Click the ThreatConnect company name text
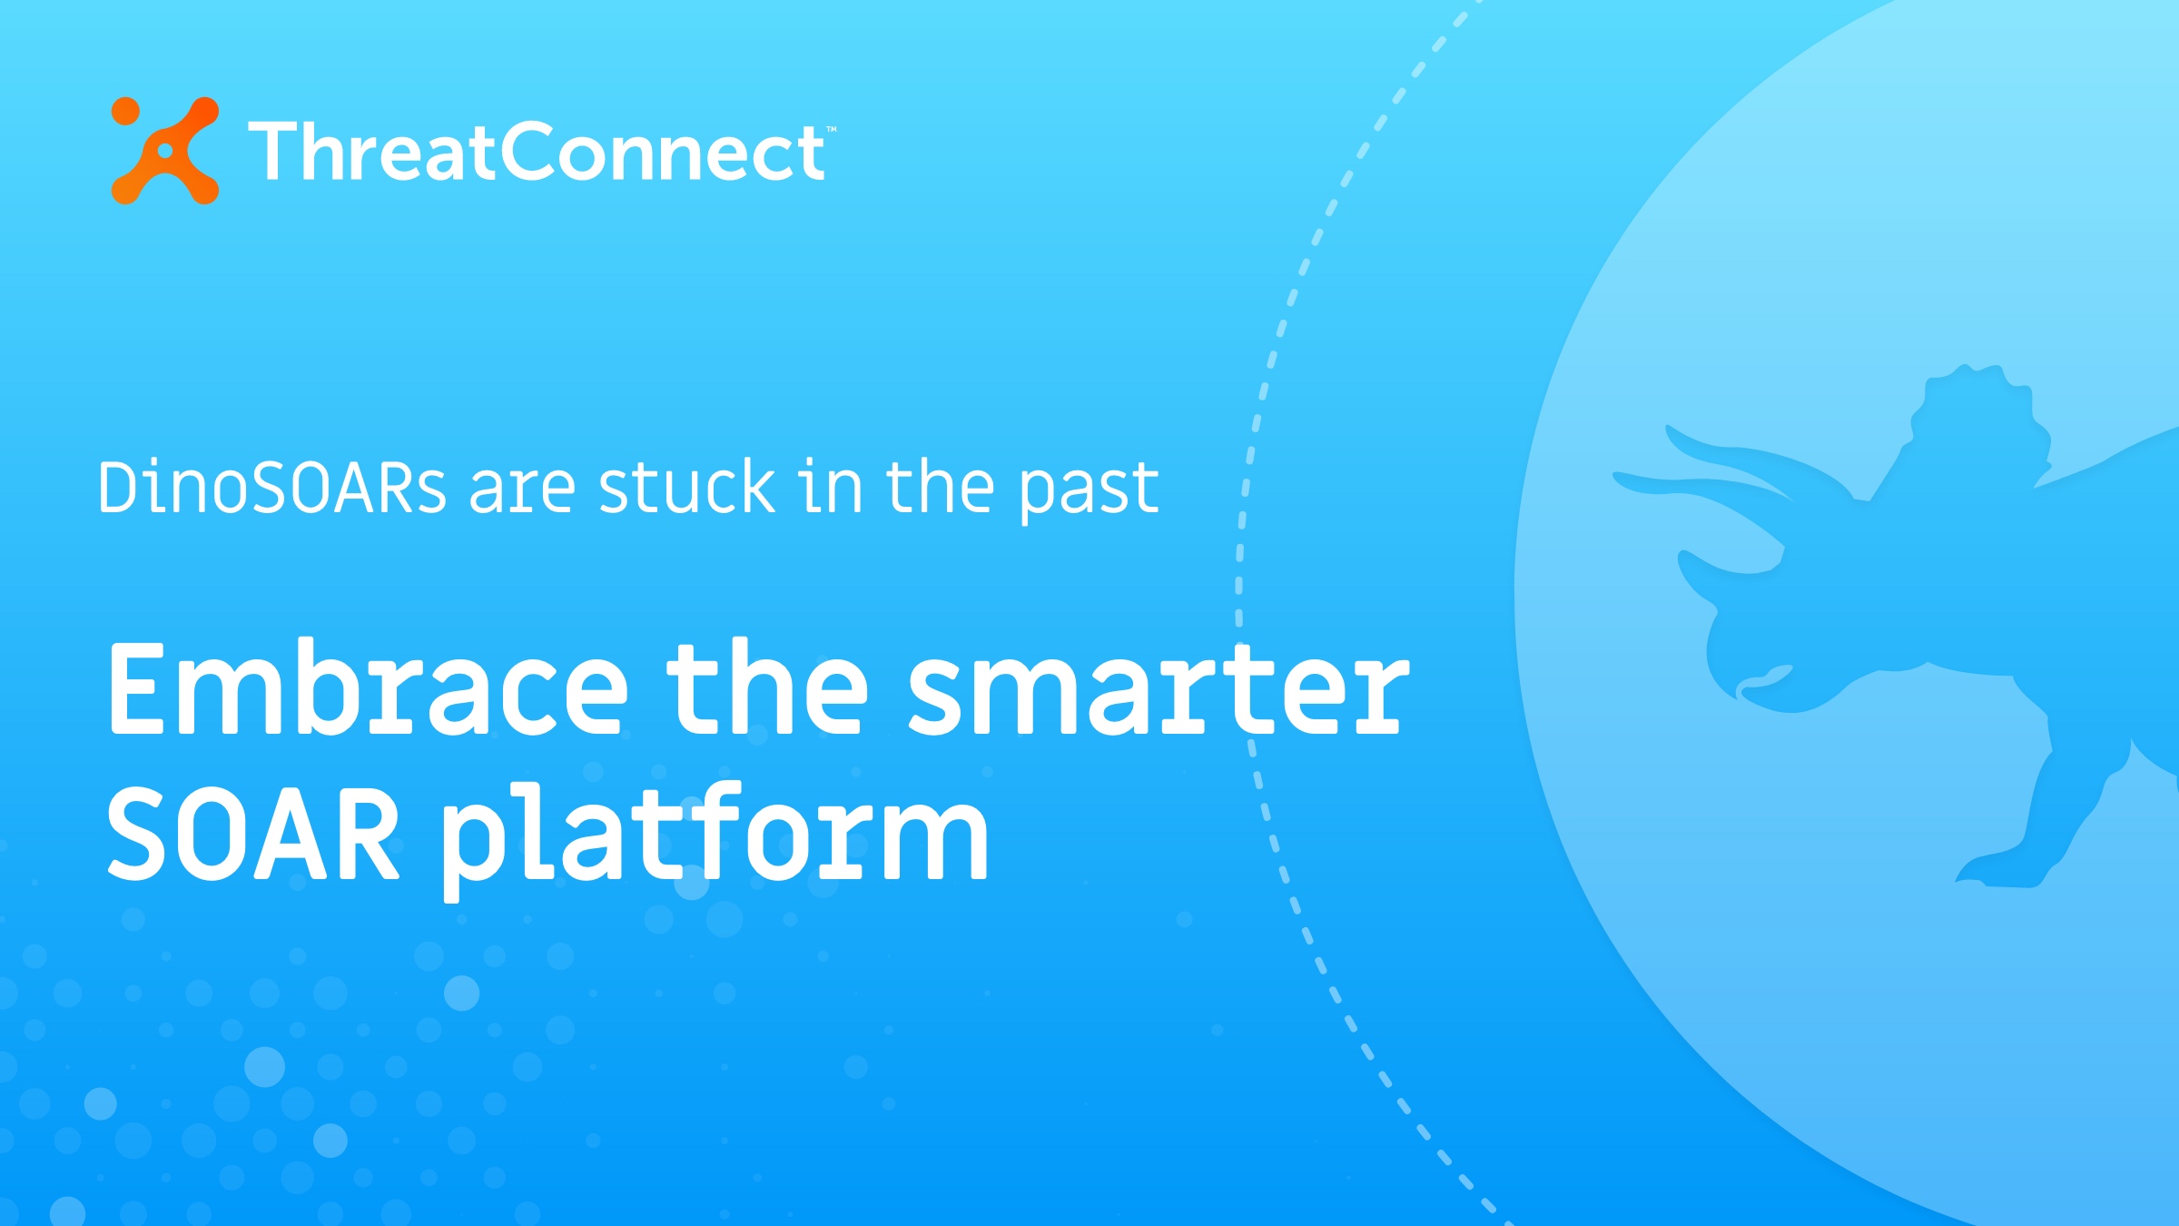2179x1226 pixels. [x=536, y=152]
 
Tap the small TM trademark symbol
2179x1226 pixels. [x=831, y=130]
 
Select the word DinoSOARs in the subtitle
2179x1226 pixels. [x=271, y=488]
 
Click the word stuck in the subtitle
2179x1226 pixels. [x=686, y=488]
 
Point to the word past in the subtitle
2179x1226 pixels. [x=1088, y=490]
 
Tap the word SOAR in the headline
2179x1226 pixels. [x=253, y=834]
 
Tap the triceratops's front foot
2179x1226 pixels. [x=1997, y=872]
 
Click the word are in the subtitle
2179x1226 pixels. [x=522, y=488]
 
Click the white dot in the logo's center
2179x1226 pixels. [x=165, y=151]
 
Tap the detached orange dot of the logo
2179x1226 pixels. [x=125, y=111]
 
